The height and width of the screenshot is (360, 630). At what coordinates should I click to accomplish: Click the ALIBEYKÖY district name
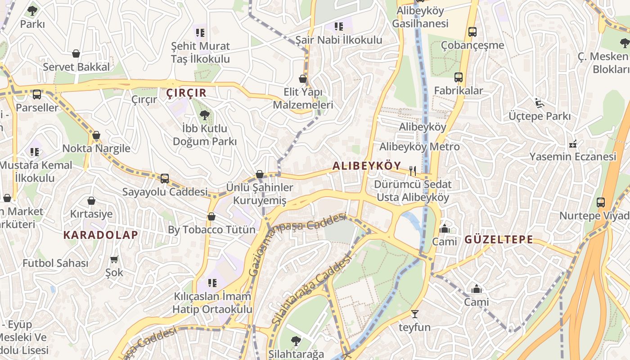[366, 166]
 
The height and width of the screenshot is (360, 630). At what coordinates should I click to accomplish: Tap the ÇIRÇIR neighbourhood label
[186, 93]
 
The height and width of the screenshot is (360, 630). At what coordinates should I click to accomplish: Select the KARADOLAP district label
[101, 234]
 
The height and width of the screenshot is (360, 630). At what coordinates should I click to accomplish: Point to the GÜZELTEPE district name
[499, 239]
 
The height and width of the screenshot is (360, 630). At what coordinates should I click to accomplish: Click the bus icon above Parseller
[37, 94]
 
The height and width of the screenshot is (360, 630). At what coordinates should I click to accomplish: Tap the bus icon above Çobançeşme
[472, 32]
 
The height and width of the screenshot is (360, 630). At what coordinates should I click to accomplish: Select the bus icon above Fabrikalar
[458, 77]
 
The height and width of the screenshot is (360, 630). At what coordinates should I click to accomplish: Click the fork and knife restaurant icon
[412, 171]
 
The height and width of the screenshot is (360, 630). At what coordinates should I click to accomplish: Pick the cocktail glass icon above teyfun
[414, 314]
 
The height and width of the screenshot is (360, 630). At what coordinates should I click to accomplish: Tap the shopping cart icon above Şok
[114, 259]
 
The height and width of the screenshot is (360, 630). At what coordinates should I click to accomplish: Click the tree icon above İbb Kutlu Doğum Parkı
[205, 115]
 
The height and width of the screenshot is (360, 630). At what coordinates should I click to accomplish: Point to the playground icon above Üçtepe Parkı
[539, 103]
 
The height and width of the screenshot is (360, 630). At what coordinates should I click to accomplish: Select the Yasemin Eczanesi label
[572, 157]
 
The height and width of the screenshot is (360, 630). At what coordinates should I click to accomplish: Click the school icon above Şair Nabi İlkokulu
[338, 27]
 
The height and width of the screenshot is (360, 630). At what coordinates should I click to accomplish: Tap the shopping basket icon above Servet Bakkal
[76, 54]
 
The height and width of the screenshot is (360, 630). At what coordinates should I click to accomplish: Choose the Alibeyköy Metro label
[419, 147]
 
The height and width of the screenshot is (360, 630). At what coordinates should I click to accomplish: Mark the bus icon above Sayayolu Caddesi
[165, 179]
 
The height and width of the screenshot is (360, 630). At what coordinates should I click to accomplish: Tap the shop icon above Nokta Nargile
[96, 135]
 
